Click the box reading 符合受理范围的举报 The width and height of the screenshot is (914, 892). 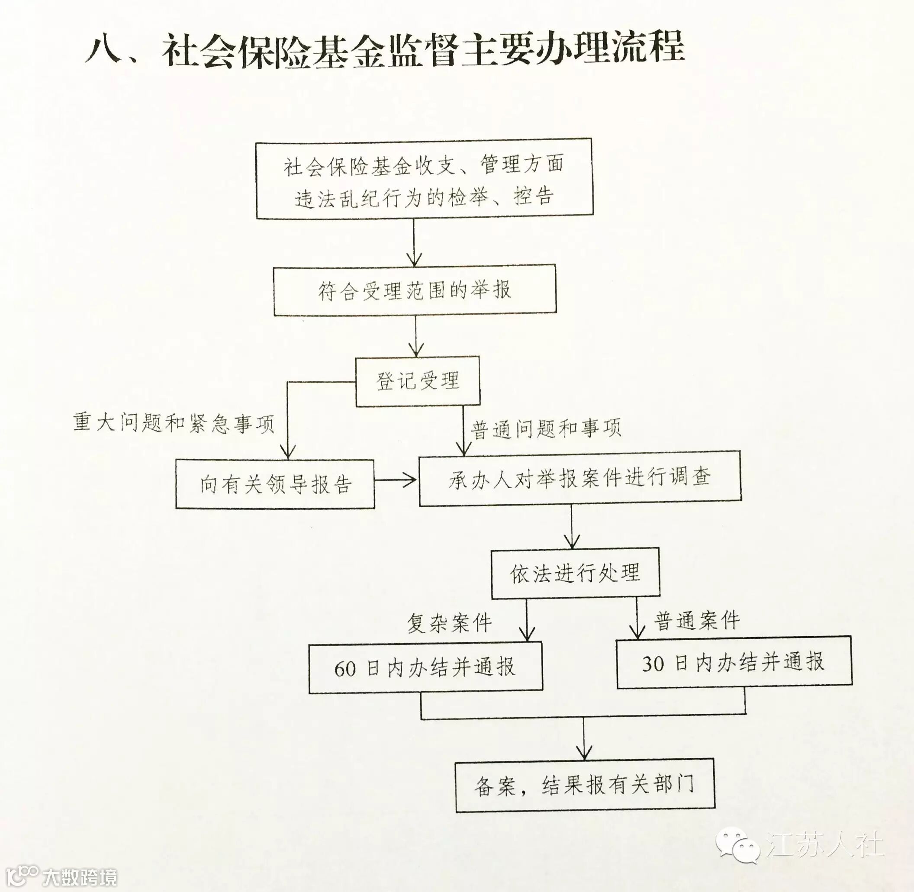tap(415, 290)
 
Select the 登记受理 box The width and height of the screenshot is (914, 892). tap(418, 381)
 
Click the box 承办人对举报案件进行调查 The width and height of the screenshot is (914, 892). tap(579, 478)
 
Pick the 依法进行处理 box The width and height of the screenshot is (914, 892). tap(575, 573)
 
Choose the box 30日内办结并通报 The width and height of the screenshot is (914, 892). tap(734, 662)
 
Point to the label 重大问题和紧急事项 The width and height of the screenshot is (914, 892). tap(174, 423)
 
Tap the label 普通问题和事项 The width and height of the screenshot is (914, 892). tap(546, 428)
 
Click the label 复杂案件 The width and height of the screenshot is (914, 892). tap(449, 624)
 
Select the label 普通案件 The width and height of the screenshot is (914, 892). tap(697, 621)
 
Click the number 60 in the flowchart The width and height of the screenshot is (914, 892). tap(345, 669)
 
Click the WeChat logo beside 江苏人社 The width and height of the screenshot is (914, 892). tap(737, 843)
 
